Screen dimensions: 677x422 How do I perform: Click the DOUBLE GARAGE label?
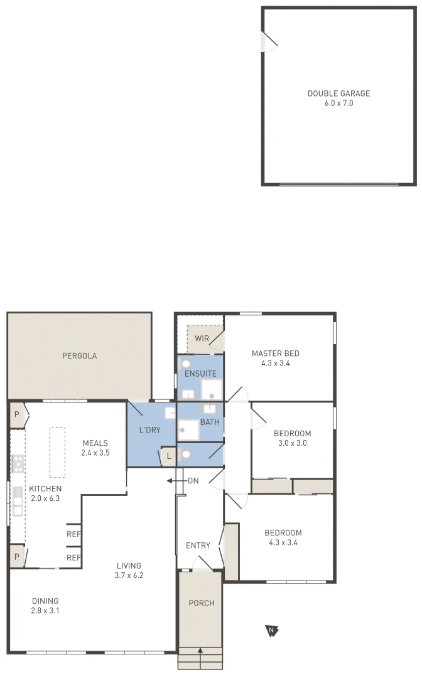point(338,93)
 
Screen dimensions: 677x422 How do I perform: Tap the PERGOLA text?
point(79,356)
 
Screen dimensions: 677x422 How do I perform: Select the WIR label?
point(202,338)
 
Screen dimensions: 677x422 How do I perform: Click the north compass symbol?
point(271,630)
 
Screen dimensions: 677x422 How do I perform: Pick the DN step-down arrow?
point(173,481)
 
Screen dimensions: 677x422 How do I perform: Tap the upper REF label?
point(73,534)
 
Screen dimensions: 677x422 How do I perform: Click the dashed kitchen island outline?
point(57,453)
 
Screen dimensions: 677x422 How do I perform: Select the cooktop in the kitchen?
point(18,464)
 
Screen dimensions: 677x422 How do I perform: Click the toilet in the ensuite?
point(186,364)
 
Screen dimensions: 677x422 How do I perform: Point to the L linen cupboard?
point(168,456)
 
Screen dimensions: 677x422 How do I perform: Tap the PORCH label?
point(202,603)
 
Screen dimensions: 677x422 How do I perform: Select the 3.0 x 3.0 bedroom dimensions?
point(292,443)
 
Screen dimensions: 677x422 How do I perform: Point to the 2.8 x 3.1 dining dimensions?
point(45,611)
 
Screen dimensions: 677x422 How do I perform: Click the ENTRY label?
point(198,545)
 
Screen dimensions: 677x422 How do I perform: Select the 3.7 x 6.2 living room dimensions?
point(129,575)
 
